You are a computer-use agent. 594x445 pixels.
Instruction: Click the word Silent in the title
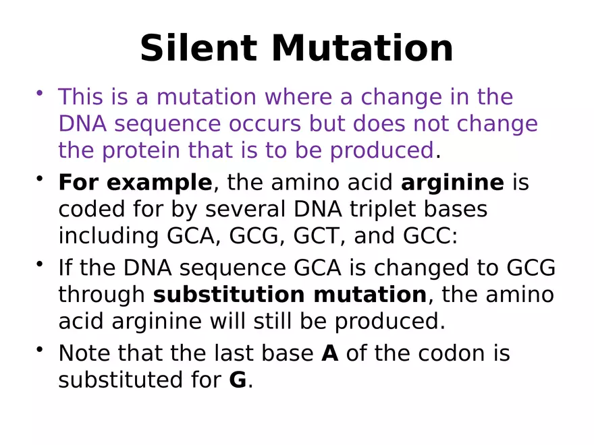pos(198,49)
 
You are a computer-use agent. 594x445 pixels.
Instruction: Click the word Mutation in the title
pos(362,49)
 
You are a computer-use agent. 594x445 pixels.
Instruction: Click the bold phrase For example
pos(135,183)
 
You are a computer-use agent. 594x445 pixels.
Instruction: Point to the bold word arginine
pos(452,183)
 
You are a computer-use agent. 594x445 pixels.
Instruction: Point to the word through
pos(102,295)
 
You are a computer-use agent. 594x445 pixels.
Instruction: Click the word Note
pos(84,353)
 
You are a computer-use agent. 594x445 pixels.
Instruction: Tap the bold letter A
pos(329,353)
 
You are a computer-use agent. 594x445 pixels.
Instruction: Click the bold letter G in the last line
pos(238,380)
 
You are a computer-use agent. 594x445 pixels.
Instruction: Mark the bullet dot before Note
pos(40,349)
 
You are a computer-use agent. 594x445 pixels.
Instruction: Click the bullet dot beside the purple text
pos(40,92)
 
